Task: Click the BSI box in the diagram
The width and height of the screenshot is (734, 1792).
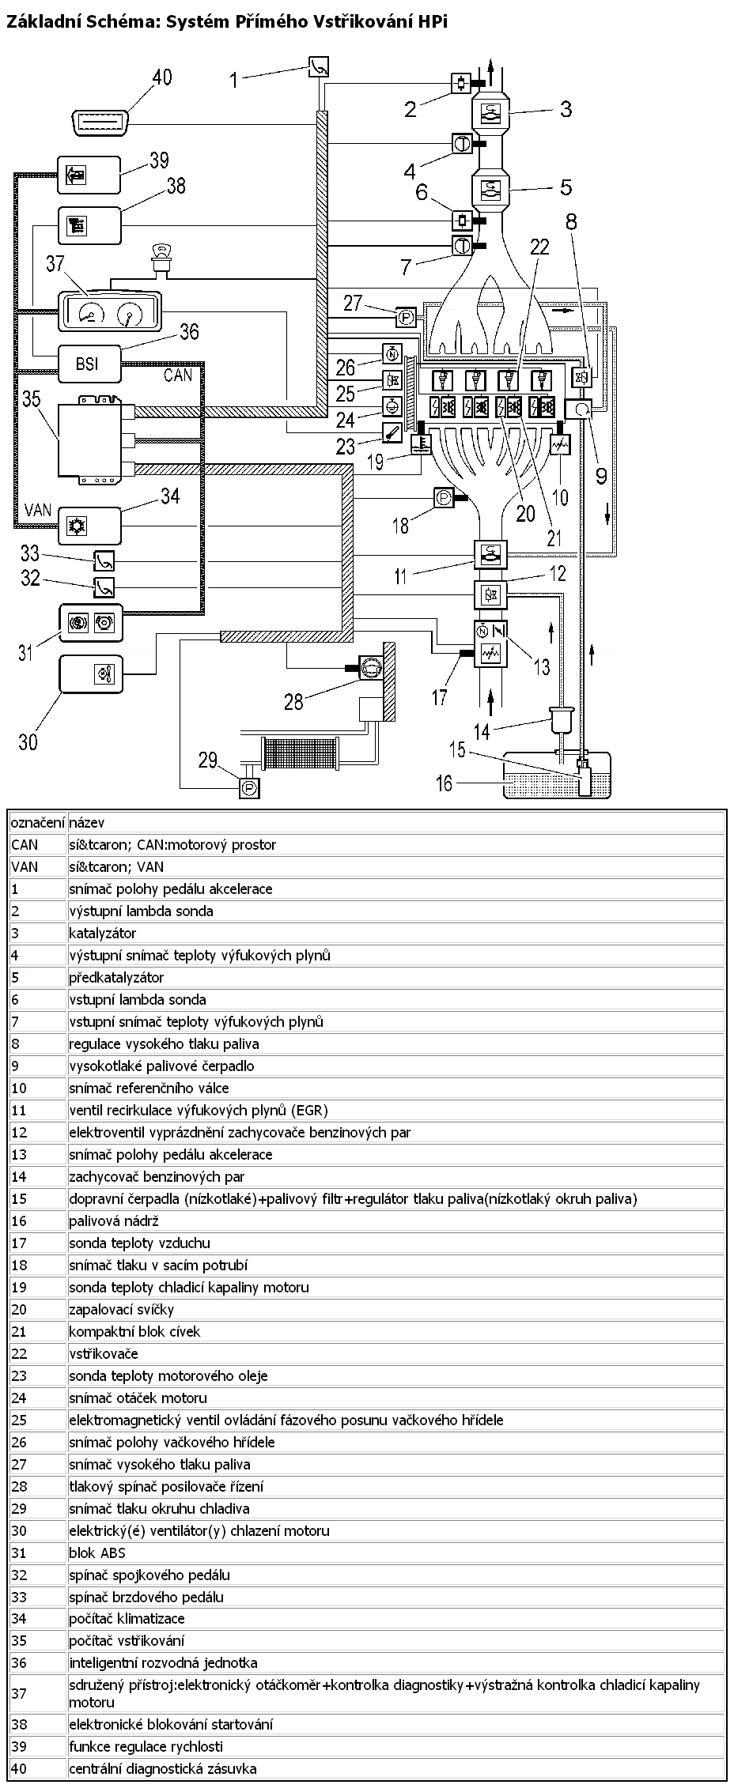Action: click(89, 364)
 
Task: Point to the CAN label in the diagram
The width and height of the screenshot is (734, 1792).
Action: click(178, 375)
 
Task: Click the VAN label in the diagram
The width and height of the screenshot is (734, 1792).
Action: click(38, 510)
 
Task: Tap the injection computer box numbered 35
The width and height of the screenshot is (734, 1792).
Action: click(90, 439)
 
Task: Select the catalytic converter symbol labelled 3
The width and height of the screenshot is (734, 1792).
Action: click(493, 111)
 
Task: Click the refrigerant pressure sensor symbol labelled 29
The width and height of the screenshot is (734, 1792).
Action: click(250, 787)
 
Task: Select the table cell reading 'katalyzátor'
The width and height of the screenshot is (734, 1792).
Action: click(396, 934)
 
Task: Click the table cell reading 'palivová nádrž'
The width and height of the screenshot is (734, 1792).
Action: click(396, 1221)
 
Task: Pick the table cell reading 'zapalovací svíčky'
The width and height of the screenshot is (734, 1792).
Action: click(396, 1310)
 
